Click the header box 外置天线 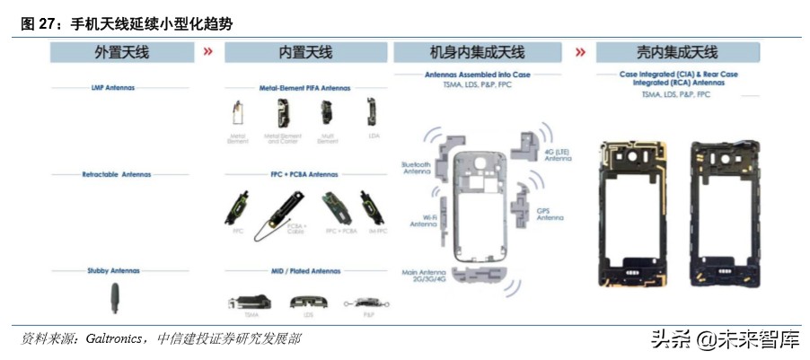121,53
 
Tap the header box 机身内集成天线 477,53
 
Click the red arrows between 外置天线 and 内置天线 208,52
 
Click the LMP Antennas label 120,88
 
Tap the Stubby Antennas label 120,268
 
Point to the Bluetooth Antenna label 417,169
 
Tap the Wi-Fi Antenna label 423,221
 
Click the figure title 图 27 40,23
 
